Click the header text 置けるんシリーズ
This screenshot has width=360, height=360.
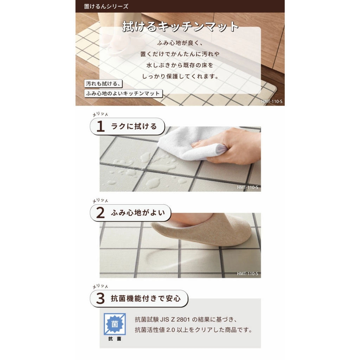[x=106, y=6]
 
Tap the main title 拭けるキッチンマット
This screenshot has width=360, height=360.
[x=180, y=26]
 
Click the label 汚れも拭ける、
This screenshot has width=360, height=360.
[x=103, y=84]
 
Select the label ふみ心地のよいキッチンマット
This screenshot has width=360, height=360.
[x=123, y=94]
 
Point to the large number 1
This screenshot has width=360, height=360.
[x=100, y=126]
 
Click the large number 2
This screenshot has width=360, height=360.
[x=100, y=213]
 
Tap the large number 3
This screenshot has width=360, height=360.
[x=100, y=298]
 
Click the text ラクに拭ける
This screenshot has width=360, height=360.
[x=134, y=126]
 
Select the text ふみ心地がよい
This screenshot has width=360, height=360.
[x=138, y=213]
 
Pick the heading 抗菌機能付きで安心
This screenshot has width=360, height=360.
[x=146, y=298]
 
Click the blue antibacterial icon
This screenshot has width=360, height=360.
[x=115, y=324]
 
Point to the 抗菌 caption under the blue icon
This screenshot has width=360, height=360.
[x=115, y=339]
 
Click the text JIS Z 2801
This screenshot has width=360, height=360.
[x=175, y=319]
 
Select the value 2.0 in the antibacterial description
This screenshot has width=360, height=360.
[x=171, y=330]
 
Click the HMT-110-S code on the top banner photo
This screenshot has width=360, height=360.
[x=272, y=102]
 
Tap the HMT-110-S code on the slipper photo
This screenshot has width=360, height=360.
[x=247, y=274]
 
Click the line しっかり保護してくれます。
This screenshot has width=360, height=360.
[x=181, y=76]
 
